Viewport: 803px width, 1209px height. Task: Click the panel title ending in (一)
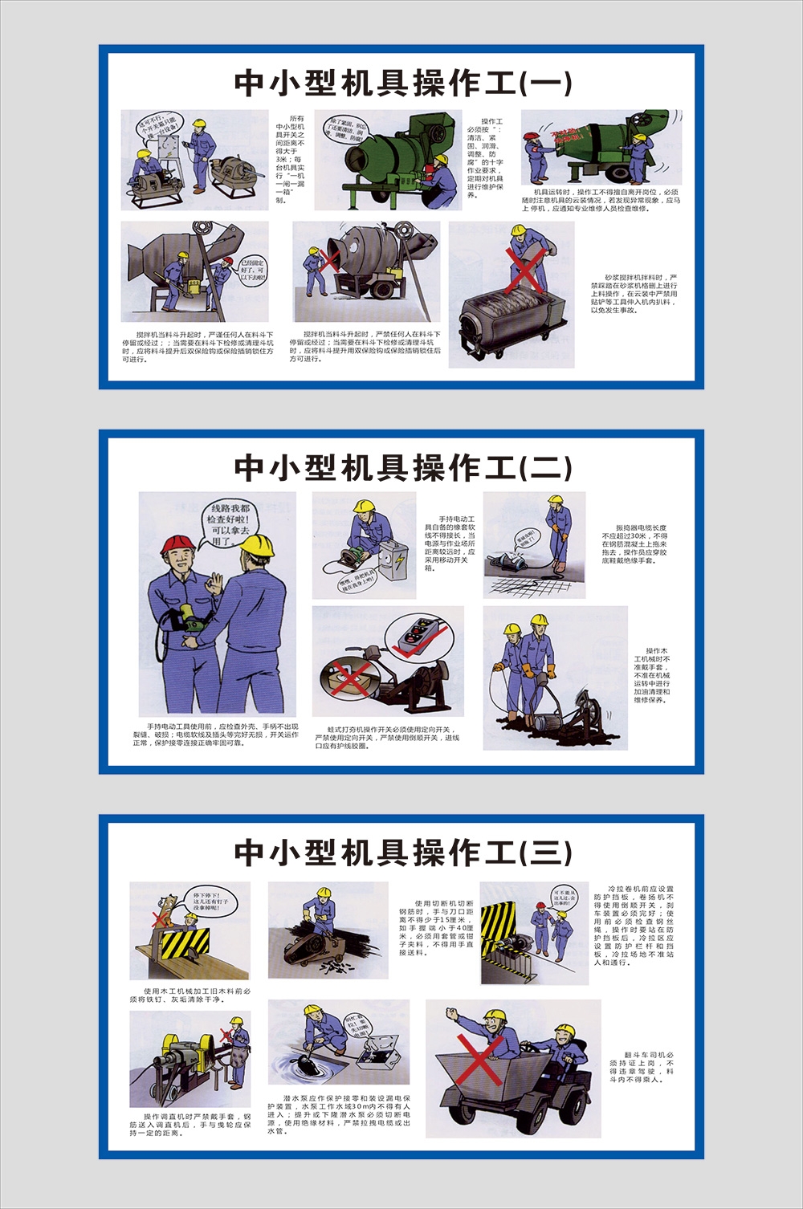[402, 83]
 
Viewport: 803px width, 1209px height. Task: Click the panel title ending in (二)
[402, 467]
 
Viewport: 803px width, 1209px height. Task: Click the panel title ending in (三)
[402, 852]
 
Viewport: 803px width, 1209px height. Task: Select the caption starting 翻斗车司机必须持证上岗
[641, 1067]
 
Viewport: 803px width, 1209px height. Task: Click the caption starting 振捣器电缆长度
[634, 544]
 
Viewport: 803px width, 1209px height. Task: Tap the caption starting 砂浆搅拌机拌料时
[634, 293]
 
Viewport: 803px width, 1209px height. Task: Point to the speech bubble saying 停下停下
[210, 899]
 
